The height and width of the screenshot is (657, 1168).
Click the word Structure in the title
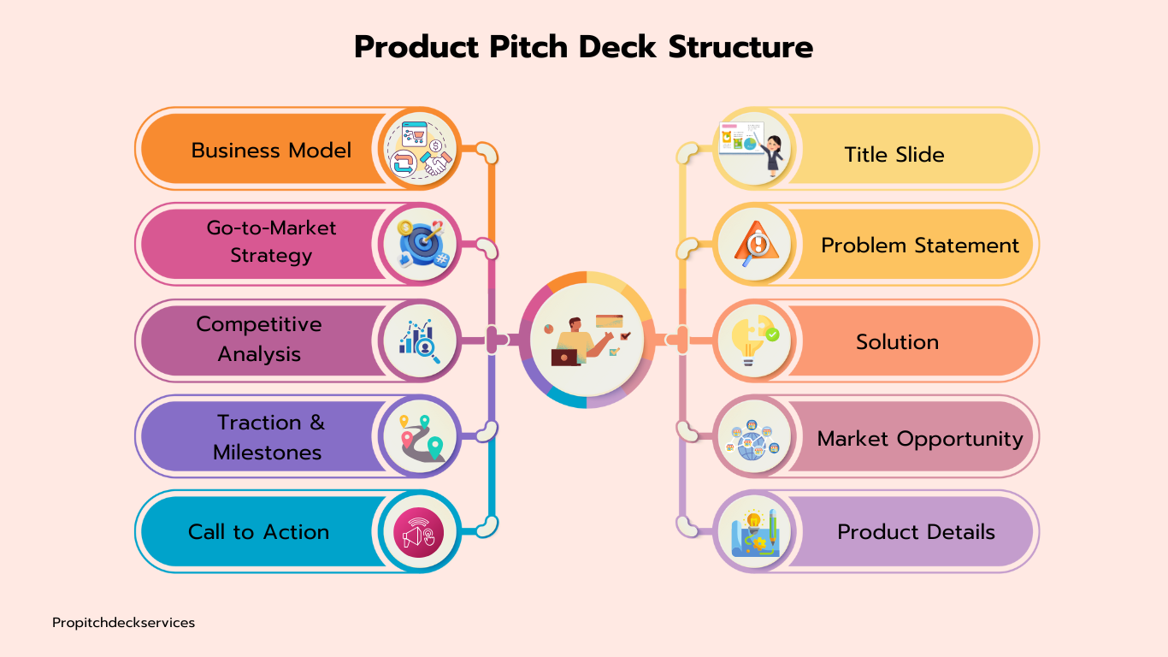pyautogui.click(x=740, y=47)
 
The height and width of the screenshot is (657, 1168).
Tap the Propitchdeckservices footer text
pyautogui.click(x=124, y=623)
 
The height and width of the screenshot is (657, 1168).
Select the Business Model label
pyautogui.click(x=271, y=151)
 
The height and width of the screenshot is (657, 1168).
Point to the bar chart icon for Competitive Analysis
pyautogui.click(x=419, y=340)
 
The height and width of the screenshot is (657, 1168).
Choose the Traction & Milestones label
pyautogui.click(x=269, y=437)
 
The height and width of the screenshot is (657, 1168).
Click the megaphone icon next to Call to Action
pyautogui.click(x=419, y=532)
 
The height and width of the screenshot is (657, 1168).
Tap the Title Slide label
pyautogui.click(x=894, y=155)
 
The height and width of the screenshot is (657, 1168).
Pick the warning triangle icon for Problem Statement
pyautogui.click(x=756, y=244)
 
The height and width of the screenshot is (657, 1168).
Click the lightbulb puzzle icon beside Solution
pyautogui.click(x=754, y=340)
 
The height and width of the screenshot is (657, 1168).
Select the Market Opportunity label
pyautogui.click(x=920, y=439)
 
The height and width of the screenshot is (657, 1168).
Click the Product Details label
pyautogui.click(x=916, y=532)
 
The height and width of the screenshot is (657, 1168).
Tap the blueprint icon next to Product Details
pyautogui.click(x=754, y=533)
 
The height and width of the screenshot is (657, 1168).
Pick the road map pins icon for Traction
pyautogui.click(x=422, y=438)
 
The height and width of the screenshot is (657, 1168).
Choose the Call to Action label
pyautogui.click(x=258, y=532)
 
